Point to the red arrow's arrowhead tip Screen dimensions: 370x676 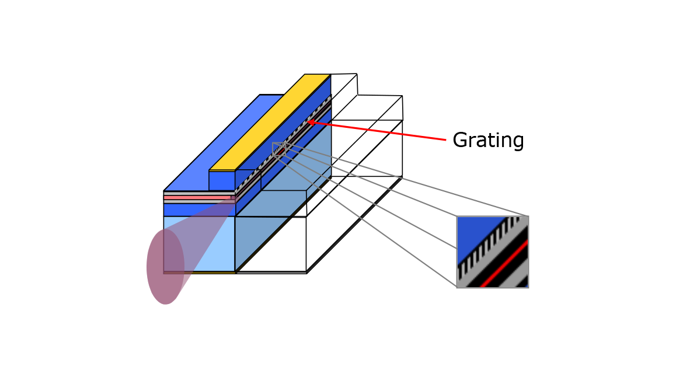click(308, 122)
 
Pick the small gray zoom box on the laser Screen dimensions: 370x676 click(278, 149)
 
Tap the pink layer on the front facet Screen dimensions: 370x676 click(198, 198)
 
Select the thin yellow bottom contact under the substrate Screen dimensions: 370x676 click(198, 272)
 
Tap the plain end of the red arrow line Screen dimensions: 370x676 click(446, 140)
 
